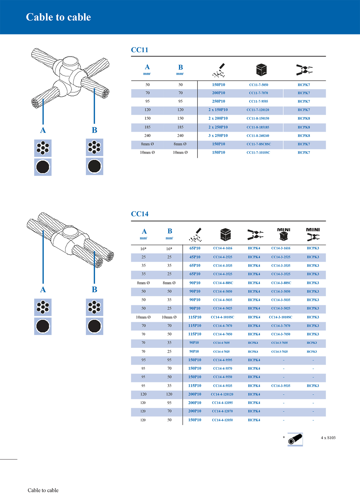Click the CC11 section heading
139,50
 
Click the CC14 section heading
139,214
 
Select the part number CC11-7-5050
259,85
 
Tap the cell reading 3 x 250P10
218,136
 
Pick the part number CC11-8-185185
258,127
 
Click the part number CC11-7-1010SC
258,153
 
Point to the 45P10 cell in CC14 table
195,257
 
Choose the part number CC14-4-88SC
223,283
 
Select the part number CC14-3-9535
281,386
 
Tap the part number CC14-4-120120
222,394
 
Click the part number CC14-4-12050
222,420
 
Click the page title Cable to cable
58,17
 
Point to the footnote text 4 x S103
328,438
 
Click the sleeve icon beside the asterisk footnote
295,439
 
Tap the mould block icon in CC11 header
261,70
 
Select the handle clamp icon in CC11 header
304,70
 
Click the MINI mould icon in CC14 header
283,234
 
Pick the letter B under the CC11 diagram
94,130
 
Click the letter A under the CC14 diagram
43,290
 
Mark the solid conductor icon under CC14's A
43,326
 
